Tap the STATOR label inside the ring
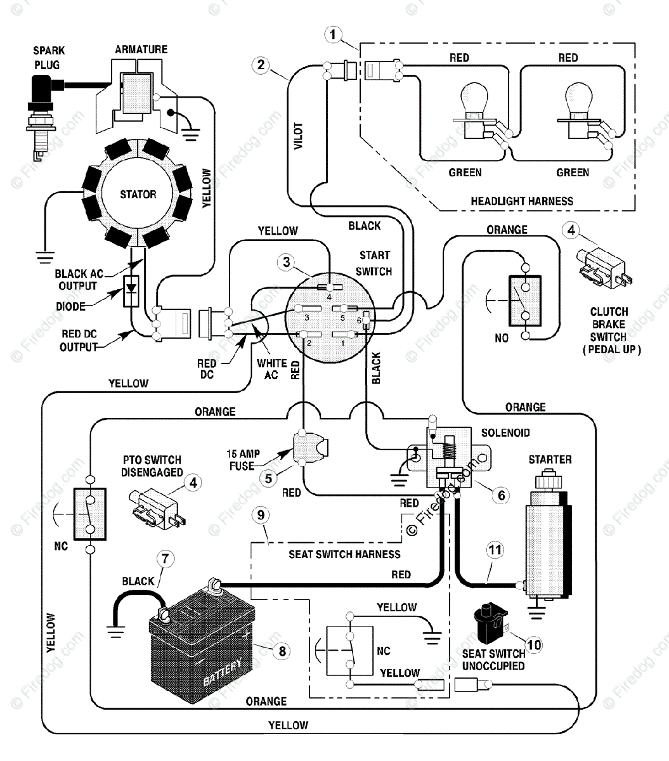point(138,194)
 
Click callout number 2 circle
point(261,64)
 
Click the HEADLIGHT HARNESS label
point(521,201)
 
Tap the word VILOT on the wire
point(299,136)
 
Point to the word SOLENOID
point(505,433)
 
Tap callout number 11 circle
point(495,549)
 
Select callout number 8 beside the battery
point(282,650)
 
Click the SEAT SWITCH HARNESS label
point(344,554)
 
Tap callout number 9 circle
point(261,515)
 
